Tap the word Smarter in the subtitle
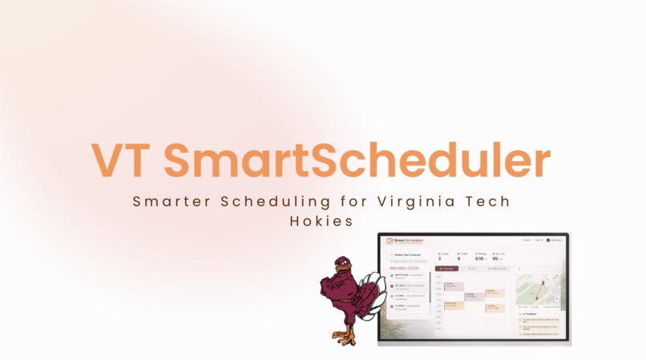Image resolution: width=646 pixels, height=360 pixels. [x=167, y=201]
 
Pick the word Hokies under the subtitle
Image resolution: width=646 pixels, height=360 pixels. [x=321, y=220]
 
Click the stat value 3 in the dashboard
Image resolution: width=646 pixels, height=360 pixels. [x=439, y=258]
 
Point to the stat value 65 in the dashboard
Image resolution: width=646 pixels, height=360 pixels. [x=496, y=258]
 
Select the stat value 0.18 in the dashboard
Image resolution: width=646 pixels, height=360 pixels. [x=479, y=258]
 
